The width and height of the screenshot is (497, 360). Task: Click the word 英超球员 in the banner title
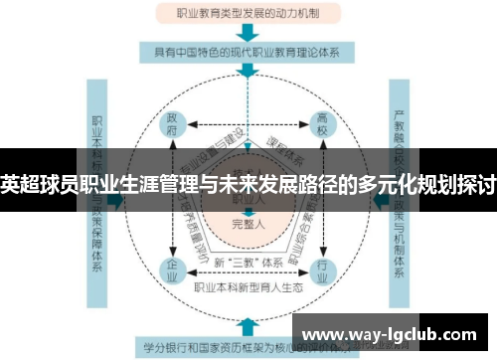(x=35, y=183)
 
